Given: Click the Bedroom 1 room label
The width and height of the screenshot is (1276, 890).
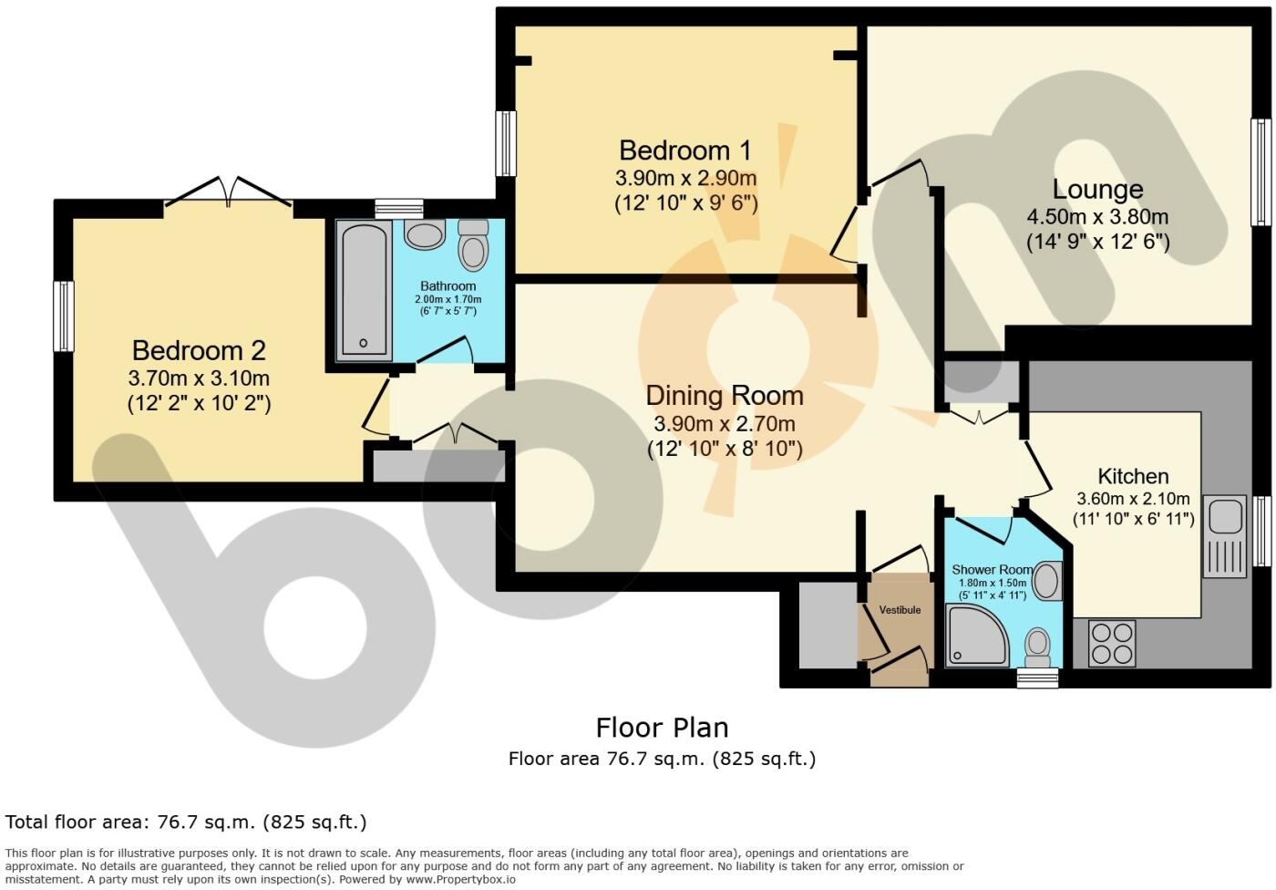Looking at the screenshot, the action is tap(685, 151).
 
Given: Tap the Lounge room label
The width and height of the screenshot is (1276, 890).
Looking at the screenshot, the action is tap(1097, 190).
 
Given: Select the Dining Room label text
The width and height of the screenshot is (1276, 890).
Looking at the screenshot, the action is tap(725, 396).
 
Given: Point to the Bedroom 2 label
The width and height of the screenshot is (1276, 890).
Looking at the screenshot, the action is tap(199, 350).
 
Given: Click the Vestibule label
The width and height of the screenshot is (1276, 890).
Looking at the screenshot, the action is tap(900, 610).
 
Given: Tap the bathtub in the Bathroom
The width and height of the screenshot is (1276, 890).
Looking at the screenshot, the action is tap(364, 291).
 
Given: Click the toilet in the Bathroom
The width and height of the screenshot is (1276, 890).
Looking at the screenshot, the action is tap(473, 245).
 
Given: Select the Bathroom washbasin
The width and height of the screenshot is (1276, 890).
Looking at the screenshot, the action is tap(425, 234).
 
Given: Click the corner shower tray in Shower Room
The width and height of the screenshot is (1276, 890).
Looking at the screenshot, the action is tap(976, 636).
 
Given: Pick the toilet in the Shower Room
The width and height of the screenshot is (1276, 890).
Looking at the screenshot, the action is tap(1037, 647).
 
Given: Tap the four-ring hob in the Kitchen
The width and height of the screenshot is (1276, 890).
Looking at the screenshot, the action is tap(1111, 644).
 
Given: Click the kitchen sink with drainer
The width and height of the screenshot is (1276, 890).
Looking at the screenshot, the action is tap(1225, 536).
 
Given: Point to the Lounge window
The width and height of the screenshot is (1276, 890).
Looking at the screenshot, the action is tap(1261, 172).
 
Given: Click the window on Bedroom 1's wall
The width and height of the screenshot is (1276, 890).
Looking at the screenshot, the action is tap(506, 143).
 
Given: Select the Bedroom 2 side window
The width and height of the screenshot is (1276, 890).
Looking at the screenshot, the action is tap(64, 316).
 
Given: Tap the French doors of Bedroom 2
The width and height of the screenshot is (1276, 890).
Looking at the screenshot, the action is tap(229, 192).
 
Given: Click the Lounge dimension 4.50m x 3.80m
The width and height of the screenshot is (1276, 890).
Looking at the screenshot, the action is tap(1097, 217).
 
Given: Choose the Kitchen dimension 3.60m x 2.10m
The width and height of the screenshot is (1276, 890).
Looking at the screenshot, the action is tap(1133, 499).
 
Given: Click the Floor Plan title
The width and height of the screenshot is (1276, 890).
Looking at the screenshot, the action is tap(662, 728).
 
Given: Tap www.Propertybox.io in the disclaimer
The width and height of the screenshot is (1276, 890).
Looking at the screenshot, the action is tap(460, 879).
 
